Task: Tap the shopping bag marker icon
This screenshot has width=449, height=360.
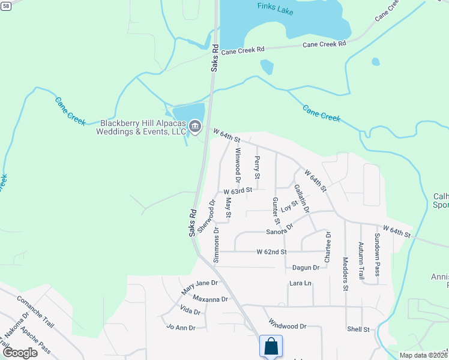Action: point(271,346)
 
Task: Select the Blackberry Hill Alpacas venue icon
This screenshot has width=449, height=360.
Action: point(194,126)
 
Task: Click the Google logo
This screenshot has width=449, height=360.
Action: point(20,352)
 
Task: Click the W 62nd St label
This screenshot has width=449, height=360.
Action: point(271,251)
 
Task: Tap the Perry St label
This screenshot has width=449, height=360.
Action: point(257,168)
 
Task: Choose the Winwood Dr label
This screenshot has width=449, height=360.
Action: point(237,167)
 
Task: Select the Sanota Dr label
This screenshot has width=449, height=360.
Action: point(280,230)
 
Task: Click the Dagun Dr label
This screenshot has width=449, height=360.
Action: point(306,268)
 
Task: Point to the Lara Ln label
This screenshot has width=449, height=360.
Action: point(300,283)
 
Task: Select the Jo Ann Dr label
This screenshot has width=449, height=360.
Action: point(181,328)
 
